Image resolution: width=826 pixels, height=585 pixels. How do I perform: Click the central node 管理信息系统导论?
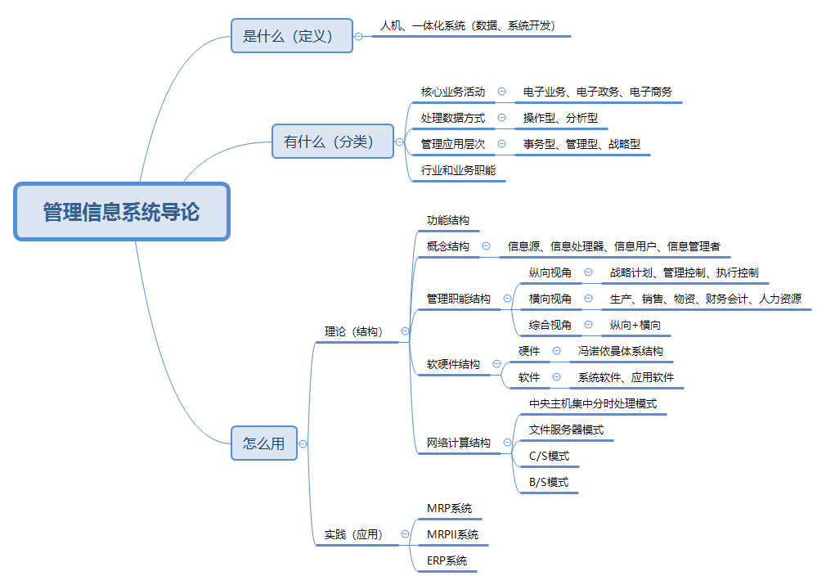121,212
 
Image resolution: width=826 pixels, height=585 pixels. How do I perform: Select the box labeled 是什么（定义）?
292,36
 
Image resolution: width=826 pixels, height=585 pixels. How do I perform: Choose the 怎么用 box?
264,443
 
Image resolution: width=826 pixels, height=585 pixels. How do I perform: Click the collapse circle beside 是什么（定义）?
358,36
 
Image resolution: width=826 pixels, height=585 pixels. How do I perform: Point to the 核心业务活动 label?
453,92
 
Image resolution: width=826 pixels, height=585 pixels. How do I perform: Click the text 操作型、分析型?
560,118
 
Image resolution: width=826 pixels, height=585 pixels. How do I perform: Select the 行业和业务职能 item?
458,170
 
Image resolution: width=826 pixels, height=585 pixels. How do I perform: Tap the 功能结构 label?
448,221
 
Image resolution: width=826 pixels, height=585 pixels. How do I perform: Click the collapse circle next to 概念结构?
486,246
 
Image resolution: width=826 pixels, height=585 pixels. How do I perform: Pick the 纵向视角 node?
550,272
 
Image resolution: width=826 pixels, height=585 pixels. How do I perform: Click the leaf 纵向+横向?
635,325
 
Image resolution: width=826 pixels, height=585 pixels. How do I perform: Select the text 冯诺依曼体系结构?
620,351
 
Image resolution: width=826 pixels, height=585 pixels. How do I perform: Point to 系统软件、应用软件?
626,377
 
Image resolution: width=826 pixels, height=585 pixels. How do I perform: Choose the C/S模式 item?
549,456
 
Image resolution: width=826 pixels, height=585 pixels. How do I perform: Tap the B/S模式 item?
549,482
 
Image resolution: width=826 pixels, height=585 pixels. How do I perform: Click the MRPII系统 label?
452,534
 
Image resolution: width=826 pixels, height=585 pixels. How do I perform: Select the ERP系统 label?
447,560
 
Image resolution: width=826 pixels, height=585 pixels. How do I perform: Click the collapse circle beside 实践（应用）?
405,534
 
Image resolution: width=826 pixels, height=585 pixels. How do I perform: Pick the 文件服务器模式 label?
566,430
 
